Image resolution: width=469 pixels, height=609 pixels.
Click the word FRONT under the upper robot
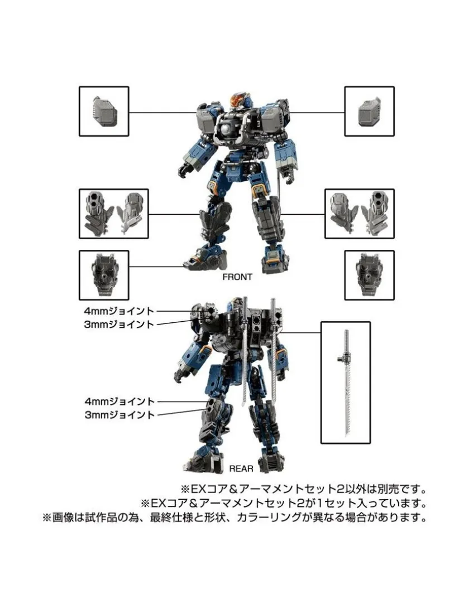click(237, 277)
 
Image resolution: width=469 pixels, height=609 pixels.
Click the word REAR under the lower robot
click(241, 469)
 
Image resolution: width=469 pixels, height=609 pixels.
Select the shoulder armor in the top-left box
click(105, 112)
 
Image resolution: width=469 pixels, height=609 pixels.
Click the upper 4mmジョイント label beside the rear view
click(119, 311)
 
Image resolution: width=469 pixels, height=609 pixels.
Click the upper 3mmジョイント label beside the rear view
click(119, 325)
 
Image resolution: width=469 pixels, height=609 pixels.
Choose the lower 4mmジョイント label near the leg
click(120, 401)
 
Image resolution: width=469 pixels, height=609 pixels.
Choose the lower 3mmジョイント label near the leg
click(120, 415)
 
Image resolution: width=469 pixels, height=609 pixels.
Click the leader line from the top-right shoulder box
click(317, 113)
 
